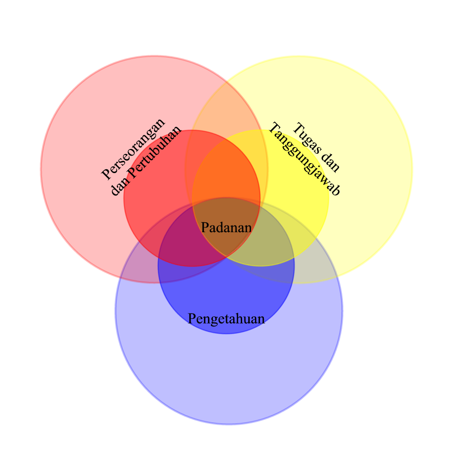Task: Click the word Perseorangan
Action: [134, 149]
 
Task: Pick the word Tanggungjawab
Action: [305, 160]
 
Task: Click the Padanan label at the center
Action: [226, 227]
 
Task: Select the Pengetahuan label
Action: [226, 319]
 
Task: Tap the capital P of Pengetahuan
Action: [192, 319]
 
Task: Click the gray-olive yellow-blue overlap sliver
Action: [314, 267]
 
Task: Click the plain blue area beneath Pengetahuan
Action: [227, 374]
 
